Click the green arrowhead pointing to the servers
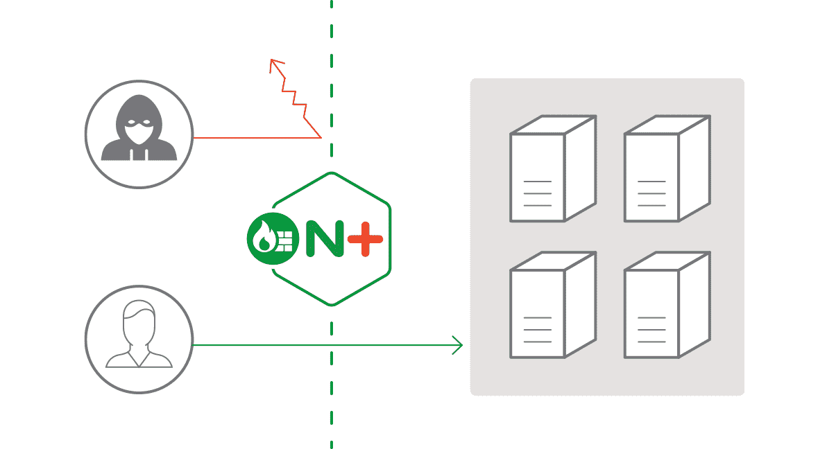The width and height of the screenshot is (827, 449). (x=457, y=344)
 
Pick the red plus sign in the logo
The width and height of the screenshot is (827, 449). (x=366, y=240)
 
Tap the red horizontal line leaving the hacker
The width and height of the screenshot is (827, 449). (x=257, y=138)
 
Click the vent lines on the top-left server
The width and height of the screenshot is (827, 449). (x=537, y=193)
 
